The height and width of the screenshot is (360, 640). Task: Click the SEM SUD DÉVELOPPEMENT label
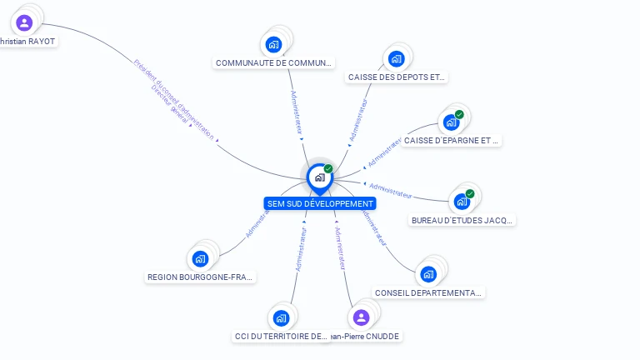pos(320,203)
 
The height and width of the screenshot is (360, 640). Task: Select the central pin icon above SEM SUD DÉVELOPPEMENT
pos(319,177)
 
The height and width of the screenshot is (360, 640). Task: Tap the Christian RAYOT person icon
pos(24,22)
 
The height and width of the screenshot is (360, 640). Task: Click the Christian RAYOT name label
pos(28,41)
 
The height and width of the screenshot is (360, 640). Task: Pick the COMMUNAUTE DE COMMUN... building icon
pos(273,44)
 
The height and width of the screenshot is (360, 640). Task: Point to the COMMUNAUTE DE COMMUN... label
pos(274,62)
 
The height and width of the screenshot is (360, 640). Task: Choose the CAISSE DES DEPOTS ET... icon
pos(396,58)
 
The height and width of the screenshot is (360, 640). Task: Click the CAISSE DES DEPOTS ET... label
pos(396,77)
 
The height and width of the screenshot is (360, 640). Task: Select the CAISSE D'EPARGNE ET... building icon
pos(451,122)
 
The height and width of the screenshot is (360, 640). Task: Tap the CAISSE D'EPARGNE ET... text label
pos(451,141)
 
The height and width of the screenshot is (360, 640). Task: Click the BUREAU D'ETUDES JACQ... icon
pos(461,201)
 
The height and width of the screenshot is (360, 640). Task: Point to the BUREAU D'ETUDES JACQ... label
pos(462,221)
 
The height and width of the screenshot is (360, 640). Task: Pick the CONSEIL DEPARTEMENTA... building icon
pos(428,274)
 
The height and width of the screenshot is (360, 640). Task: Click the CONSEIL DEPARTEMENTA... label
pos(428,293)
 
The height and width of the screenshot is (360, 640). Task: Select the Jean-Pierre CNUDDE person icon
pos(361,317)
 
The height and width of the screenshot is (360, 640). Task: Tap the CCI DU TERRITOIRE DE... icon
pos(281,317)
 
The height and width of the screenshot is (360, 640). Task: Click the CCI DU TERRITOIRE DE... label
pos(282,337)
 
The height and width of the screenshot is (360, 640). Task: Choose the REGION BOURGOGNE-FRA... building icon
pos(200,258)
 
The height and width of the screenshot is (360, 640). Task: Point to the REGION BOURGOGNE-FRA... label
pos(201,277)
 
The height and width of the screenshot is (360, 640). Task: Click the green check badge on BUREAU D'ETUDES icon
pos(470,193)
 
